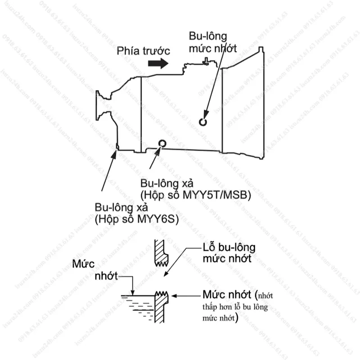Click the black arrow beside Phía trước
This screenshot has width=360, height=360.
158,64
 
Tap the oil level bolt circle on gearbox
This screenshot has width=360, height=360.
203,121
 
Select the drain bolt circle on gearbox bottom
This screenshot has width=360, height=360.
162,144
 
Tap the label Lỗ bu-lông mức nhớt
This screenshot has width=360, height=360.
229,253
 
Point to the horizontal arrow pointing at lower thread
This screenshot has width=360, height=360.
186,296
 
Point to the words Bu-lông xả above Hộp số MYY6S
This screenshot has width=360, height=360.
121,207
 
